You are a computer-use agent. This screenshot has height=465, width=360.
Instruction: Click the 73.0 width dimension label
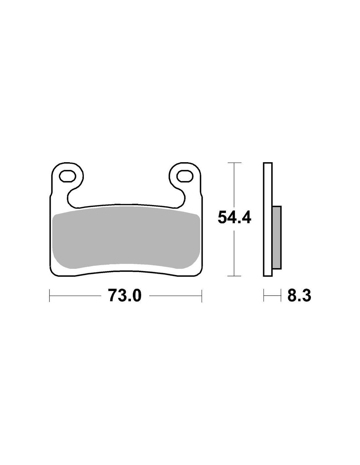coord(125,295)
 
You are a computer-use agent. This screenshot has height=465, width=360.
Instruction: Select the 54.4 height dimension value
coord(234,217)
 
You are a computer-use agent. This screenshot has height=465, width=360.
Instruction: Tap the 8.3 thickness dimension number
coord(299,295)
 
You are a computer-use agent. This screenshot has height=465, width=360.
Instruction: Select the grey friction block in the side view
coord(277,238)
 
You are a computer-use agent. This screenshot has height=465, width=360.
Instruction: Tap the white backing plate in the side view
coord(268,219)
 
